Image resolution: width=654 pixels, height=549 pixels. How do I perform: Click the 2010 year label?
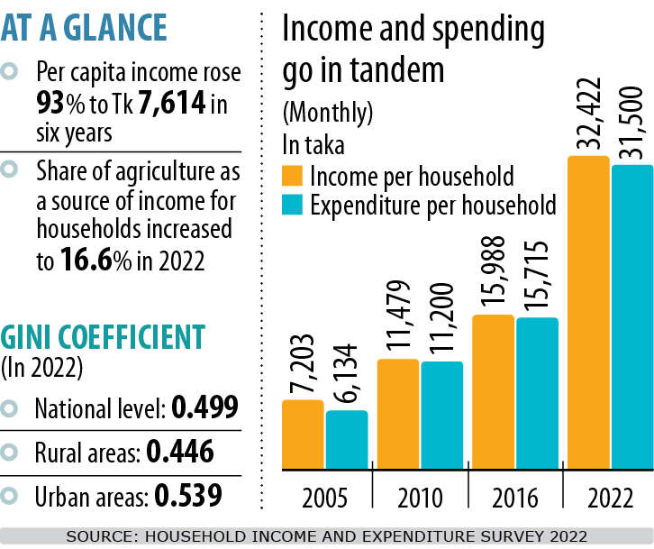(419, 498)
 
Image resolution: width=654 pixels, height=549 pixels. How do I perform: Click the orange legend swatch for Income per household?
(293, 175)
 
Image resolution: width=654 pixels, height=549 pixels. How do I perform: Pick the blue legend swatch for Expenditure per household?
(293, 205)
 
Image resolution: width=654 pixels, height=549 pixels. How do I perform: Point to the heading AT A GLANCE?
(84, 28)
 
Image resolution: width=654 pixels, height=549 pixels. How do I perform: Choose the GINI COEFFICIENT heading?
(104, 337)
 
